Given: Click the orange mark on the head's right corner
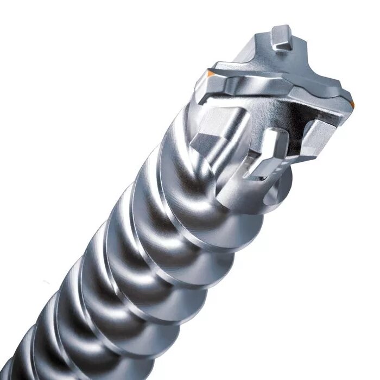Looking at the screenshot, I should coord(352,103).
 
